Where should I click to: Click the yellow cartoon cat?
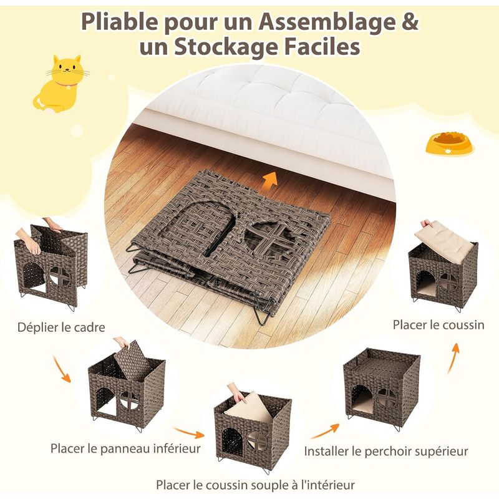click(x=61, y=84)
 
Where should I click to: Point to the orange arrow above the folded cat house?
click(x=270, y=181)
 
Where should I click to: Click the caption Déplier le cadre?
click(x=61, y=327)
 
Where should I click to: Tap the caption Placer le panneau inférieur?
click(x=126, y=448)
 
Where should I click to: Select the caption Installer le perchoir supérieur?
click(x=386, y=451)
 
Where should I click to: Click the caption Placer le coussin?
click(x=438, y=325)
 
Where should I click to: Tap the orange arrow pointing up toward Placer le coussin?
click(x=453, y=358)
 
